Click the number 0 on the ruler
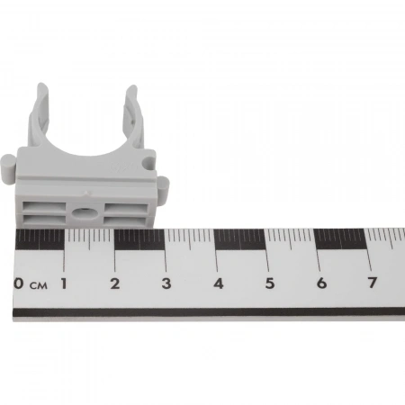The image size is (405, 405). point(19,283)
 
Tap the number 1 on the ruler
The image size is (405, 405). point(64,283)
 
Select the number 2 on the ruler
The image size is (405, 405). point(115,283)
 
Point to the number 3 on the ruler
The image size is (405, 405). point(166,283)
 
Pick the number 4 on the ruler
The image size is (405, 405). point(219,283)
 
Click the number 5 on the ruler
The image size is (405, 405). point(270,283)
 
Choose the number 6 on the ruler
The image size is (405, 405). point(321,283)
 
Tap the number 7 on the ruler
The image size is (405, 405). point(373,283)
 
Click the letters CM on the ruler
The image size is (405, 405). point(39,285)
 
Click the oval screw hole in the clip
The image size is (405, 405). point(85,213)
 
